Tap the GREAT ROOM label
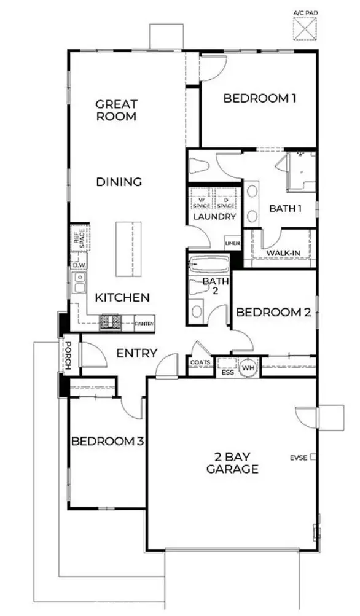(x=116, y=110)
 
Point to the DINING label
(x=120, y=182)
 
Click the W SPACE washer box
(x=200, y=203)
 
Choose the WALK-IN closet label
(x=283, y=252)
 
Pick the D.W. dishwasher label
(x=79, y=265)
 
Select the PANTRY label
(x=144, y=322)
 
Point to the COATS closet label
(x=200, y=362)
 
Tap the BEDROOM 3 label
(x=108, y=441)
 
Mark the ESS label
(x=227, y=371)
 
